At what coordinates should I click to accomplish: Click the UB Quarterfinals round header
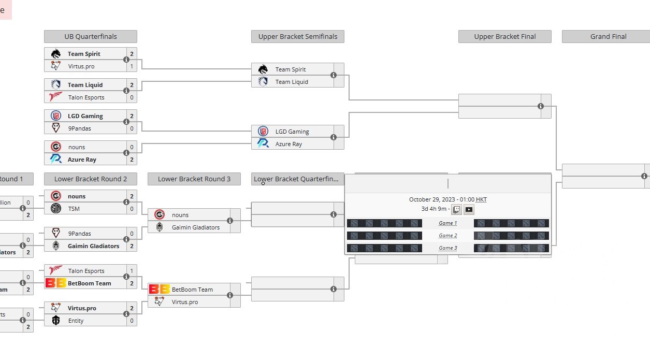[91, 37]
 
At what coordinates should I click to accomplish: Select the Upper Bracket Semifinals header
[298, 37]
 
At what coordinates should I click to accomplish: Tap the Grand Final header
[608, 37]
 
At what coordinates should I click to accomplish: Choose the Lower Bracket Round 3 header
[194, 179]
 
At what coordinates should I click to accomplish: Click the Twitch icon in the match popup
[456, 210]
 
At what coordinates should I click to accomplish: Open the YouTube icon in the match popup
[469, 210]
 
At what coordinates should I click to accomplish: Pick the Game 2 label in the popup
[448, 236]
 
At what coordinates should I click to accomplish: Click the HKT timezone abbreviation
[481, 199]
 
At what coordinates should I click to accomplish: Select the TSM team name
[74, 209]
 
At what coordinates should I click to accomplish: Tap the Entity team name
[76, 321]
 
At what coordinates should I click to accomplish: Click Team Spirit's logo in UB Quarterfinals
[56, 54]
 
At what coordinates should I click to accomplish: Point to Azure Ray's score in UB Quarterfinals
[132, 160]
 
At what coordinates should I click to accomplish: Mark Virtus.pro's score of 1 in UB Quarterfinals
[132, 66]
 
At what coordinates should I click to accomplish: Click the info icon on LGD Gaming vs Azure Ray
[334, 137]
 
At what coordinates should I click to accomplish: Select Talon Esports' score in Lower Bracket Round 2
[132, 271]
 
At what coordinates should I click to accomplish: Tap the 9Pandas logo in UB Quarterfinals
[56, 128]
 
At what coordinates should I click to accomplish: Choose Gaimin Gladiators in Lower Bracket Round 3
[196, 227]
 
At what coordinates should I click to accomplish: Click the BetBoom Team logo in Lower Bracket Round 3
[158, 290]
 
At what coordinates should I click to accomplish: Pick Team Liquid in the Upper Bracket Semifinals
[292, 82]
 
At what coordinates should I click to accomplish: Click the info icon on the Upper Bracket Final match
[541, 106]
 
